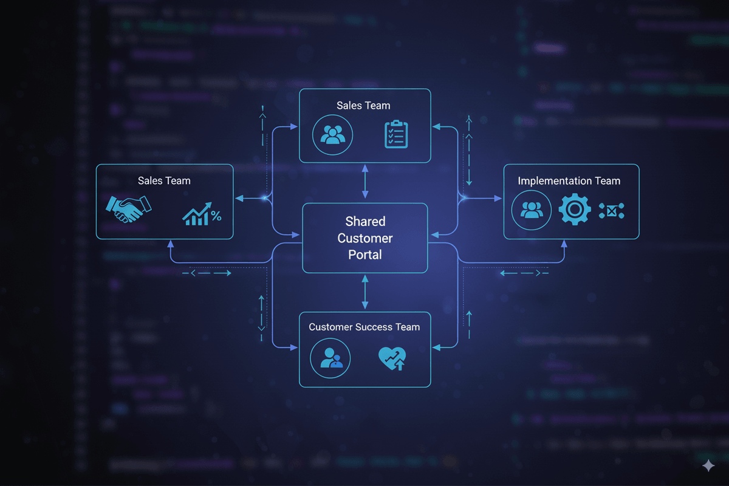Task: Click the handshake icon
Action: click(x=128, y=209)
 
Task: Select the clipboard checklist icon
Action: click(x=396, y=134)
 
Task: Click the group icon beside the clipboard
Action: click(x=332, y=134)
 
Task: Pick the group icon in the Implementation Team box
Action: click(x=532, y=210)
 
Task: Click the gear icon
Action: click(x=575, y=210)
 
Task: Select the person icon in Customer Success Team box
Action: click(x=330, y=358)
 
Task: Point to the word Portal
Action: click(x=365, y=255)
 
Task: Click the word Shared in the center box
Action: click(x=365, y=221)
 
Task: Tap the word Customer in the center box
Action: click(x=365, y=238)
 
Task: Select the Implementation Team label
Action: click(x=569, y=180)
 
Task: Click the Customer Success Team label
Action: click(x=364, y=327)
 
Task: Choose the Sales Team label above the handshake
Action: click(x=164, y=180)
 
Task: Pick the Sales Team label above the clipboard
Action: click(x=363, y=106)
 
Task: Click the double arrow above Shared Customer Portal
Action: click(x=364, y=181)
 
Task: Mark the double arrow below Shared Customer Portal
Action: click(x=364, y=291)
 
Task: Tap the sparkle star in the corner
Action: click(x=708, y=466)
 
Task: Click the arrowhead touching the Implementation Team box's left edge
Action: click(x=499, y=198)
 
